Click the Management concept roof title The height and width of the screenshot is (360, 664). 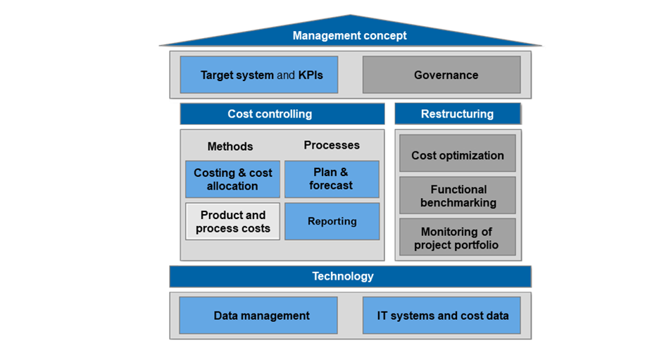[349, 36]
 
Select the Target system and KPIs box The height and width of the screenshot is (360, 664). [258, 75]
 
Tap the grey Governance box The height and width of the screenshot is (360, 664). [441, 75]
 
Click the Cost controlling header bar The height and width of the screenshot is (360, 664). [282, 113]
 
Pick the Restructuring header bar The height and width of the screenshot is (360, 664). [457, 113]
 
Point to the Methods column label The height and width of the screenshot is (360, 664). [230, 147]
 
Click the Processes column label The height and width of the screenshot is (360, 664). [332, 145]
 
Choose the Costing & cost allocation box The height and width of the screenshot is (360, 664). [232, 180]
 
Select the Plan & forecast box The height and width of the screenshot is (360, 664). [332, 179]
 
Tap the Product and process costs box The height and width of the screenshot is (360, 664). [232, 222]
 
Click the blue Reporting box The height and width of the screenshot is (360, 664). [332, 221]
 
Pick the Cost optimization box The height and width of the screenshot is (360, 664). [458, 155]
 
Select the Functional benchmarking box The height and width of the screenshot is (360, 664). [458, 196]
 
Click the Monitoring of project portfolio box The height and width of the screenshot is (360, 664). [458, 238]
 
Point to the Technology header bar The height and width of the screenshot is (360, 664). [350, 276]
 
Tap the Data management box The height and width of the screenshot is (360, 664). [258, 316]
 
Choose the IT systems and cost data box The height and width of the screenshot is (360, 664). [441, 316]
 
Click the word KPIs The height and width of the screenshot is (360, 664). [310, 75]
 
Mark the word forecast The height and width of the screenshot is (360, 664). [331, 185]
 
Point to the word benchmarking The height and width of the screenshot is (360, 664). [458, 203]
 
